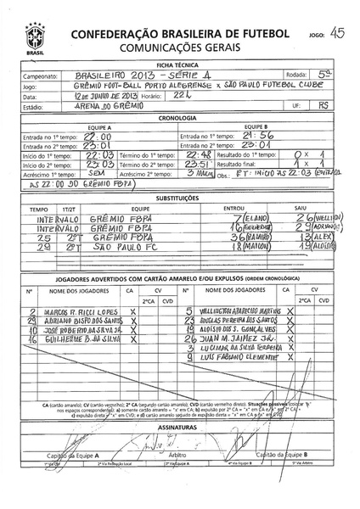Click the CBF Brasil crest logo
(x=35, y=37)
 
